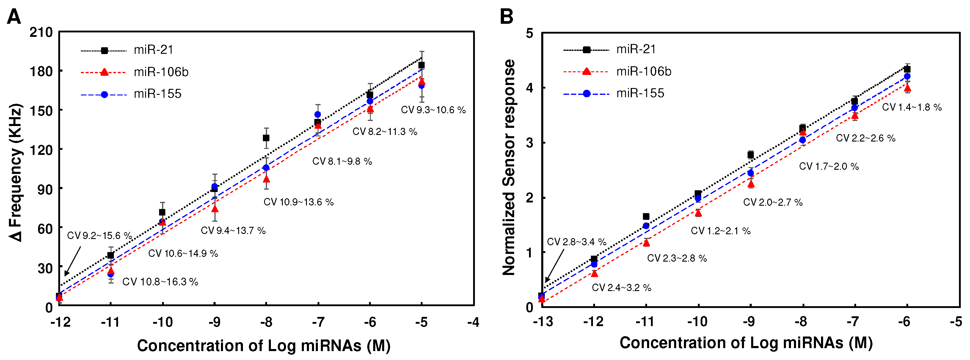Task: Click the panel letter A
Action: click(x=14, y=17)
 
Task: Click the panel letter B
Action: click(x=506, y=17)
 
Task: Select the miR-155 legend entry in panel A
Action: click(x=157, y=94)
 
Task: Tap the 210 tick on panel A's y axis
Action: click(x=41, y=32)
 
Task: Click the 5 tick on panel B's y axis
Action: click(x=529, y=33)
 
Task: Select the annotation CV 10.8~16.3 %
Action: click(x=160, y=282)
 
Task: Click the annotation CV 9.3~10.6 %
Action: click(x=433, y=110)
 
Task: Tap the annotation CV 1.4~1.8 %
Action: click(x=912, y=107)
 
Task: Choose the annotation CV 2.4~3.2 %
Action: click(x=621, y=288)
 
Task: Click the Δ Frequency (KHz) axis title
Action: click(x=16, y=172)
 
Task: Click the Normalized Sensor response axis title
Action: click(x=509, y=168)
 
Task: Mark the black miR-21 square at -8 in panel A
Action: click(x=266, y=138)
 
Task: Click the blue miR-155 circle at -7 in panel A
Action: click(x=318, y=114)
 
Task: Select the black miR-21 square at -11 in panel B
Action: click(x=646, y=216)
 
